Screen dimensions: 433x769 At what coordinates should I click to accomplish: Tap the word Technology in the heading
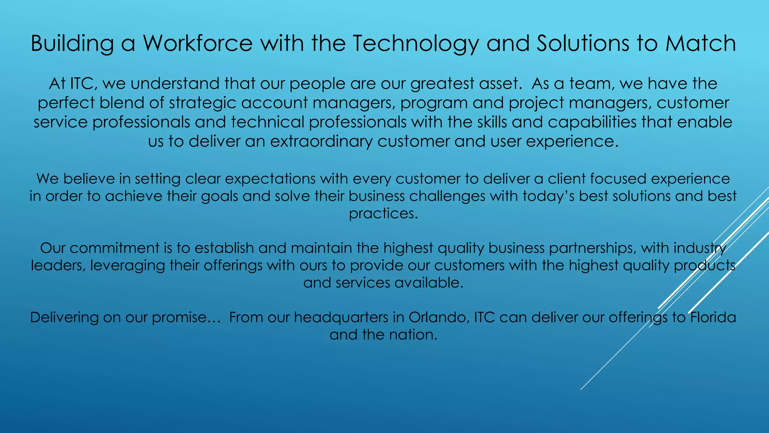click(x=415, y=43)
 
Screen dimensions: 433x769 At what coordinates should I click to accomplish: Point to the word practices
click(x=383, y=213)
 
